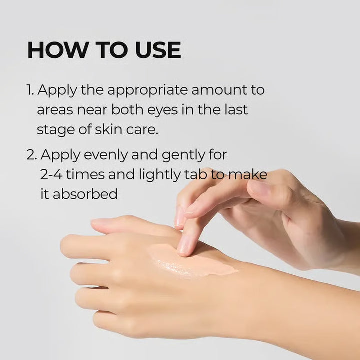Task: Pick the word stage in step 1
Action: point(54,129)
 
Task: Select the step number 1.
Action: point(30,91)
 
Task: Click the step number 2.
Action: point(31,155)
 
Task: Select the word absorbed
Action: point(85,194)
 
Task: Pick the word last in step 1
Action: point(234,109)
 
